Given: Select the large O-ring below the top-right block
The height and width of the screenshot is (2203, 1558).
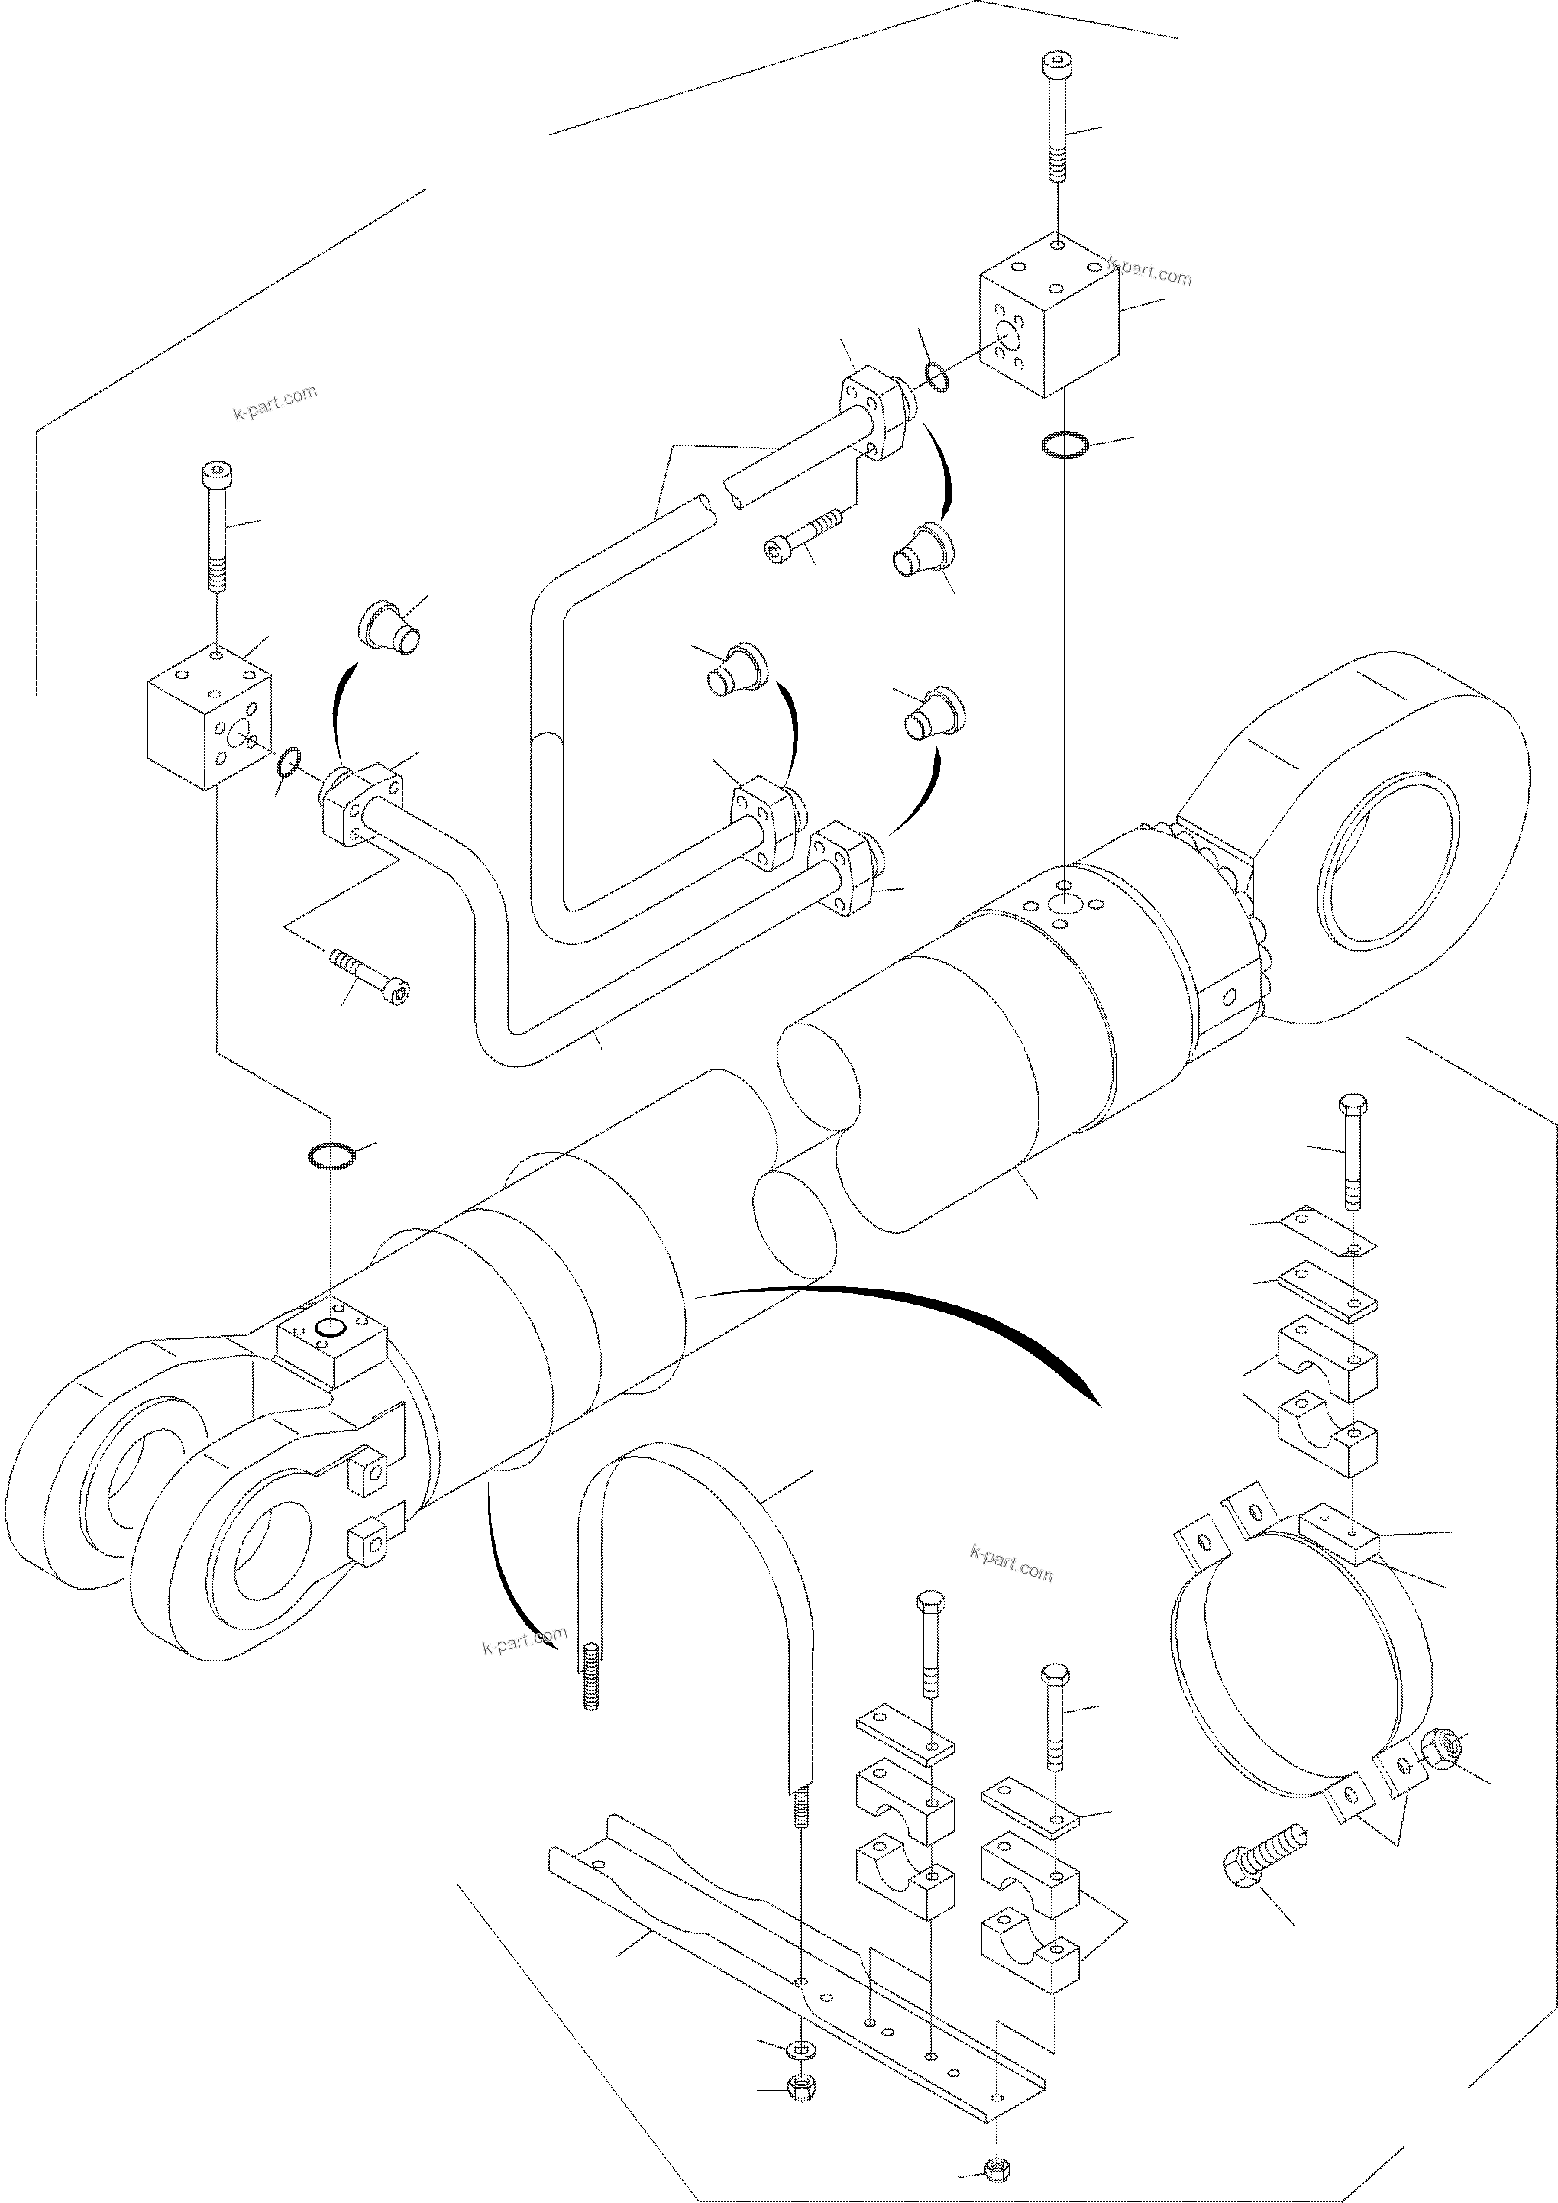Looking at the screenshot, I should click(1064, 445).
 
